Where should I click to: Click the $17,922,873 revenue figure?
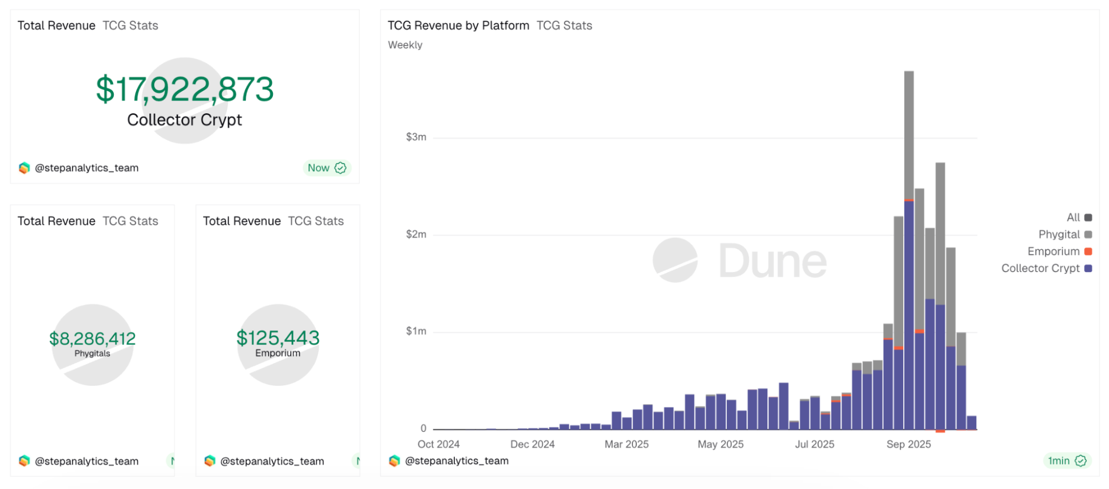185,89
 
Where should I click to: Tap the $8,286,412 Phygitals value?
93,339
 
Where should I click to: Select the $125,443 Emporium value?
278,338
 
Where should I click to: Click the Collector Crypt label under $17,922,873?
185,120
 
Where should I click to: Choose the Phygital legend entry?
1064,234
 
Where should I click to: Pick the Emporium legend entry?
1059,251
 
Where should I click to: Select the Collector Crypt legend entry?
1046,268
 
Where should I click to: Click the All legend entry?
1078,218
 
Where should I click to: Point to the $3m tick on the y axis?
416,137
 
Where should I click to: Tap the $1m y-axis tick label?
416,331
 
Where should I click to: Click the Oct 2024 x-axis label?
438,444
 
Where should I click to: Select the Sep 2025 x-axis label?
908,444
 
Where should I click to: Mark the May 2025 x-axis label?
720,444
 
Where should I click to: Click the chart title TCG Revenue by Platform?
458,26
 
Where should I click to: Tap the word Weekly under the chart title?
405,45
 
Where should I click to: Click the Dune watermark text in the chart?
772,261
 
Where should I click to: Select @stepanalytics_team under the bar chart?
457,461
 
